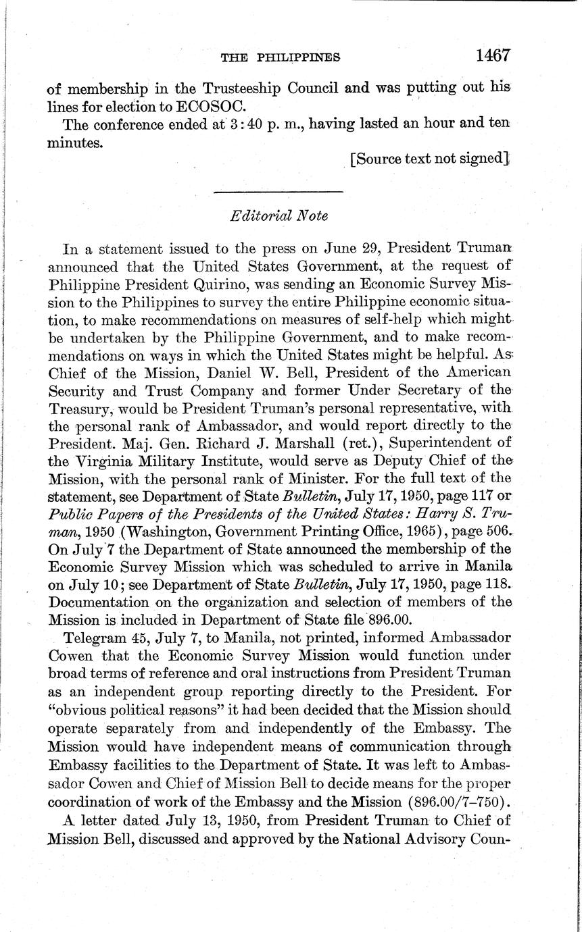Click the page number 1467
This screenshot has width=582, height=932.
point(491,56)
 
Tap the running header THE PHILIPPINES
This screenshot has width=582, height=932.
point(280,58)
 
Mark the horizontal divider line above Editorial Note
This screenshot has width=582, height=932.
point(278,193)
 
